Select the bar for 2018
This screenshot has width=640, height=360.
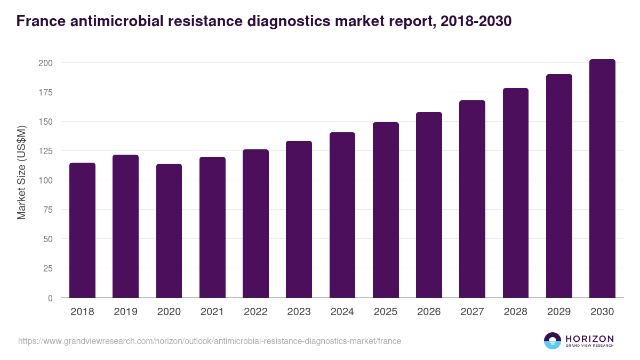[x=82, y=230]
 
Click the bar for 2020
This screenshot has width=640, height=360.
[x=169, y=231]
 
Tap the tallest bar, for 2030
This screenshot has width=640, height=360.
[x=602, y=179]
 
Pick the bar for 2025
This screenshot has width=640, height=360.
[x=386, y=210]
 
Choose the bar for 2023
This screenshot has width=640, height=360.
[x=299, y=219]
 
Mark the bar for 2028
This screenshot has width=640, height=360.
[x=515, y=193]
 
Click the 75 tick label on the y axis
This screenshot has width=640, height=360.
[x=47, y=210]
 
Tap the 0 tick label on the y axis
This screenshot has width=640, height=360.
[x=50, y=298]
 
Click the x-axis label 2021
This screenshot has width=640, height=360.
[x=212, y=312]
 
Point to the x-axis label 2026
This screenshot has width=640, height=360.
[x=429, y=312]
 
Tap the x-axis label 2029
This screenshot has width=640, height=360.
[x=559, y=312]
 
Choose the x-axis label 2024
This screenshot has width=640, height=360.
[x=342, y=312]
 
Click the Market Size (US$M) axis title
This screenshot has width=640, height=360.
[x=22, y=172]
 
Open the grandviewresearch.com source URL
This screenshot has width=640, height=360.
[x=209, y=341]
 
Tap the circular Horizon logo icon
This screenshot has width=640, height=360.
[x=553, y=341]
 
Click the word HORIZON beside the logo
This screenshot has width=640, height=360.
[x=590, y=339]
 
